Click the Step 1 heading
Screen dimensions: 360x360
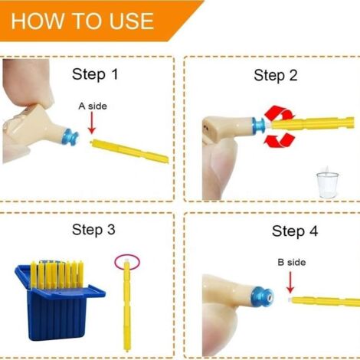(x=95, y=74)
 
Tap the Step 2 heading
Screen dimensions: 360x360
(x=276, y=75)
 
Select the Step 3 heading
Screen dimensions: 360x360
(x=93, y=229)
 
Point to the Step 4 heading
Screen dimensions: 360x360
(x=295, y=231)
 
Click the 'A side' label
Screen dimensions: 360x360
(x=93, y=106)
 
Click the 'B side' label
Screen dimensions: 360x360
(x=292, y=262)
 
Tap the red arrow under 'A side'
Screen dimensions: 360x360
(x=92, y=123)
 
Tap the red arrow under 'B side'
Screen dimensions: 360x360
(x=290, y=283)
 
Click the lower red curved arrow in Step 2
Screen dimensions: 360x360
(x=280, y=140)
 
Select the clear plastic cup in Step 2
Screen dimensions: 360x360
(x=328, y=185)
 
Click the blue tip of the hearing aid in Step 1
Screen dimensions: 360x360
(x=71, y=138)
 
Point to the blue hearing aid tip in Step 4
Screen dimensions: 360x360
(x=262, y=296)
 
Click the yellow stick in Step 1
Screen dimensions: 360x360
(x=129, y=151)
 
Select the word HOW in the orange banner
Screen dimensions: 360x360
(x=38, y=21)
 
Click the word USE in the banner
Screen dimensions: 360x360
(x=132, y=21)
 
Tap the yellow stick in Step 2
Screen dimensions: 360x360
(x=312, y=123)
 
